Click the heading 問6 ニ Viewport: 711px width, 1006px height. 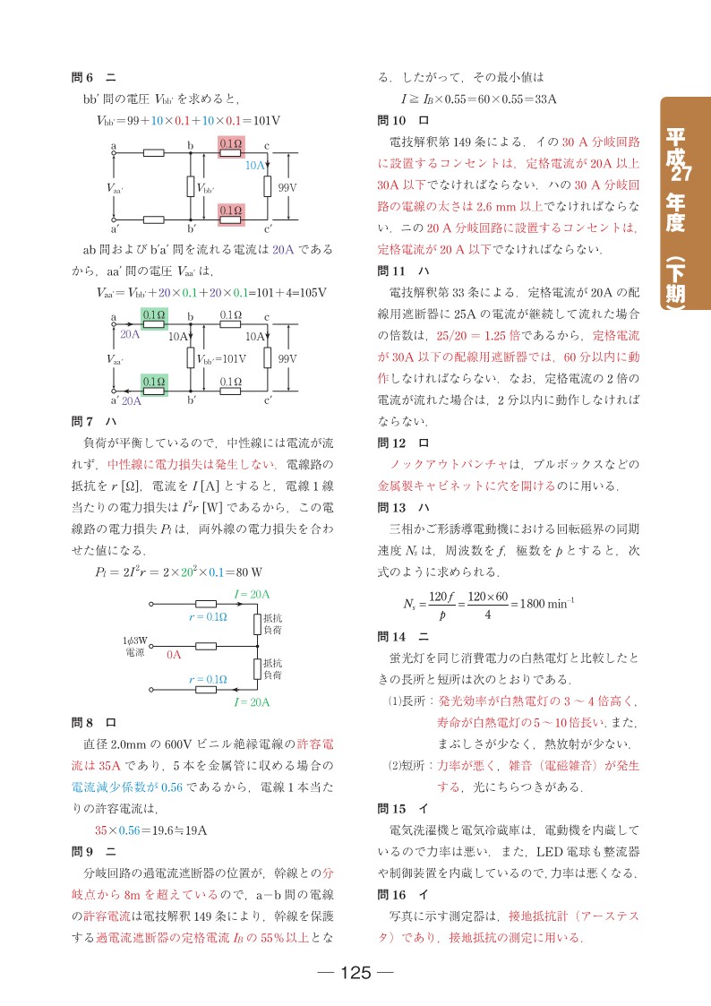pos(88,77)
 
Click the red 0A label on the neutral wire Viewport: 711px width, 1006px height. pos(175,655)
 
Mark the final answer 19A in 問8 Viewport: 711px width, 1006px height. pos(194,830)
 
